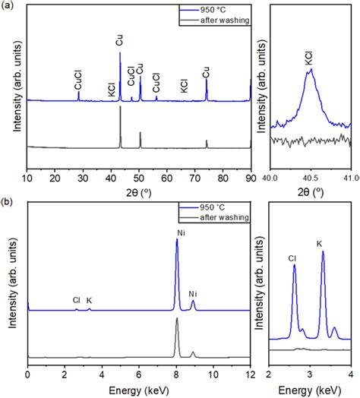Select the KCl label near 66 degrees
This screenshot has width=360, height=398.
click(x=183, y=86)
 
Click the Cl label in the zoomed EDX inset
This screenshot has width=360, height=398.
click(x=292, y=258)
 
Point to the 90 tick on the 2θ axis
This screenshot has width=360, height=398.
click(x=250, y=179)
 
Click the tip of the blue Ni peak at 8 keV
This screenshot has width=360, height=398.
click(x=177, y=240)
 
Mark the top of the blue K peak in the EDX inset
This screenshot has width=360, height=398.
click(x=323, y=252)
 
